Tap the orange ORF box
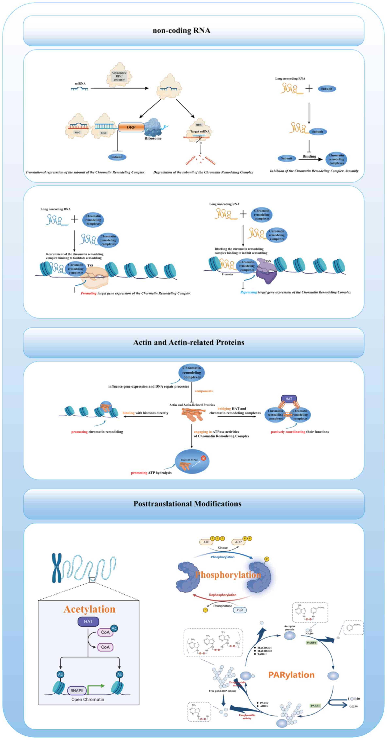coord(131,127)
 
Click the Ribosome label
coord(153,138)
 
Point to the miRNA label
coord(80,84)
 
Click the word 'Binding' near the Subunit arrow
coord(309,156)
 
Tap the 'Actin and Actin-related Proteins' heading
coord(189,342)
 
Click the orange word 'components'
coord(204,391)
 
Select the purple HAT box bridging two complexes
coord(289,399)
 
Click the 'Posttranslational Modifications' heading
coord(187,504)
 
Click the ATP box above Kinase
coord(206,542)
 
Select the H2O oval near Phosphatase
coord(240,610)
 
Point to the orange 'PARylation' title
coord(291,675)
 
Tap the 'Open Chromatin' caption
coord(88,699)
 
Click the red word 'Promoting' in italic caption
coord(88,293)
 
